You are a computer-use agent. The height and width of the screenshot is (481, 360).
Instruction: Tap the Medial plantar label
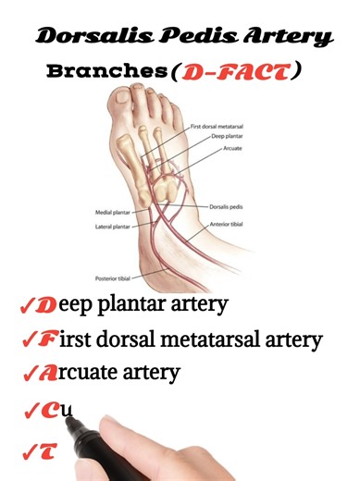pos(114,210)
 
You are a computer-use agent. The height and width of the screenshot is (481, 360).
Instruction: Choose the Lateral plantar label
pos(114,225)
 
